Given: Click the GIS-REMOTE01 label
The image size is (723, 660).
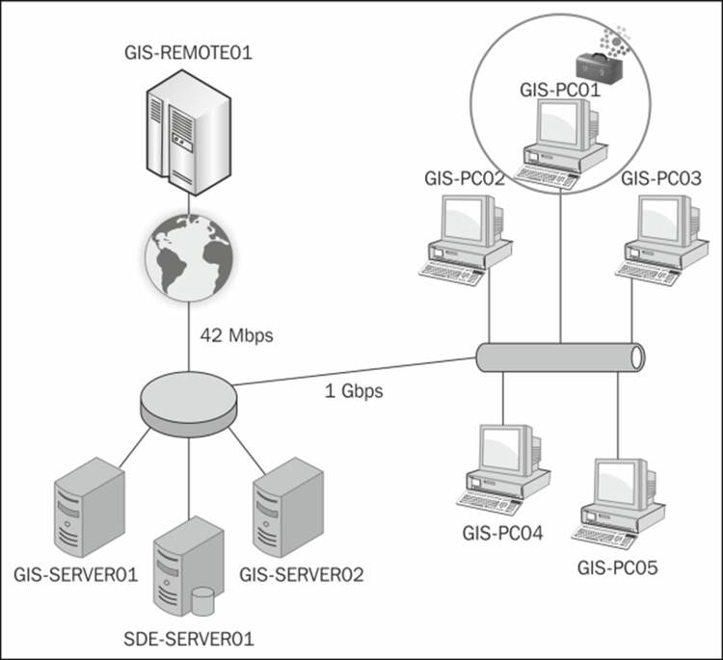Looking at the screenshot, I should pos(189,52).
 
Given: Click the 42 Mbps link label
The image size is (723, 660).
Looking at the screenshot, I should pos(237,336).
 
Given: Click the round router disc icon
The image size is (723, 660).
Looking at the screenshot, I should pos(188,399).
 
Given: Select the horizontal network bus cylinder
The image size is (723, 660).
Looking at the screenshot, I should pos(560,356).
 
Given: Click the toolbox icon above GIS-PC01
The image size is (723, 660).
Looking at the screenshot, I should pos(595,63).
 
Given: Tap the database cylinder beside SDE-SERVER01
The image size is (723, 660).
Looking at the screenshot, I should pos(201,601).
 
